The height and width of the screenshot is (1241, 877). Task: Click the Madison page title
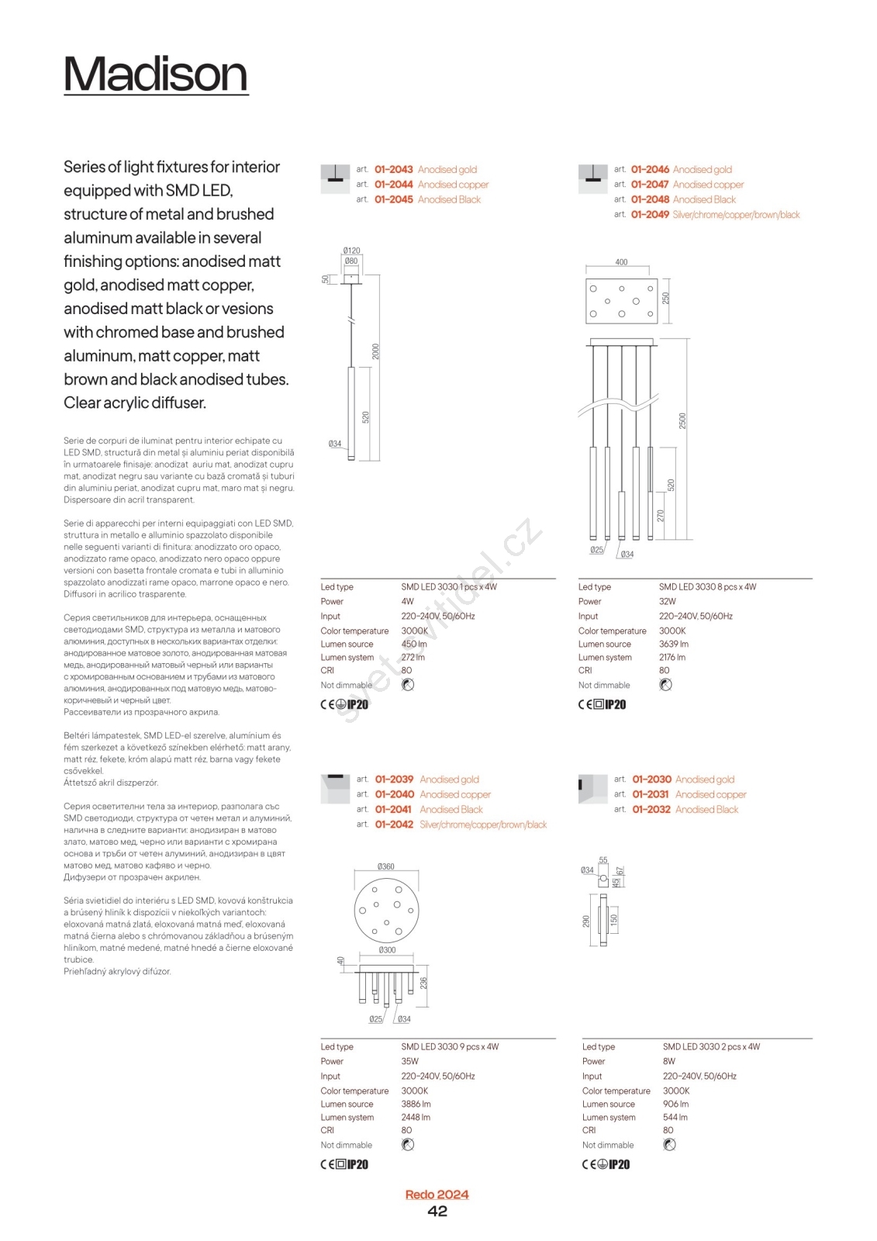(155, 74)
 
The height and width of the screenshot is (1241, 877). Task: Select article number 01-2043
(393, 169)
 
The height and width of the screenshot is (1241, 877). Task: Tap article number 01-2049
(650, 215)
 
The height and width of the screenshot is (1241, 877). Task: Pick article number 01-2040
(394, 794)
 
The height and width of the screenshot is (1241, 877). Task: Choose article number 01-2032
(651, 809)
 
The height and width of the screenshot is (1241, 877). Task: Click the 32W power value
(667, 601)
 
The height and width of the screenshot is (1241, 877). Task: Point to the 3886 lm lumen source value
(416, 1104)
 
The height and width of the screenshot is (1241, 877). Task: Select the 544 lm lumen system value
(675, 1118)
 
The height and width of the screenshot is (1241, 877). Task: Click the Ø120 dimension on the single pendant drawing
(351, 251)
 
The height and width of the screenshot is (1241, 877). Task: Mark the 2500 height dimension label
(682, 420)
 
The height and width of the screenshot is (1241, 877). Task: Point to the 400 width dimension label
(621, 262)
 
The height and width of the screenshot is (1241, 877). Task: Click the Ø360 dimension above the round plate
(385, 866)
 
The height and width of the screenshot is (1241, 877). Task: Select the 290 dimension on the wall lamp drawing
(586, 921)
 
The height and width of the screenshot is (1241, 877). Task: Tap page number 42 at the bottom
(437, 1212)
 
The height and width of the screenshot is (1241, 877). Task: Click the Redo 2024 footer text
(437, 1194)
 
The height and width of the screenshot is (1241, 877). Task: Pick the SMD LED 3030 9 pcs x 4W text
(450, 1046)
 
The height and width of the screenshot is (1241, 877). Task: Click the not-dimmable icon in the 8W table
(670, 1145)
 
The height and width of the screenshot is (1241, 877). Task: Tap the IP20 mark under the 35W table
(357, 1164)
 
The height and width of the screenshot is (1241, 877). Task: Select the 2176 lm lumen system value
(672, 657)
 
